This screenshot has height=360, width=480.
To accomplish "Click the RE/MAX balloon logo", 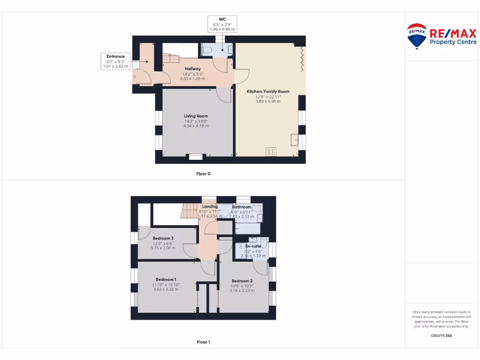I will point(416,36).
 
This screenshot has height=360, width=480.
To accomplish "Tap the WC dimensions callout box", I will point(222,24).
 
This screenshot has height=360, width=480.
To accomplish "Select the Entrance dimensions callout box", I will point(115,61).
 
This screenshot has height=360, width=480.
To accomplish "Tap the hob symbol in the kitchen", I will point(271,151).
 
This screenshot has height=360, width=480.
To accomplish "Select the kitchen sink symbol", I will point(294,140).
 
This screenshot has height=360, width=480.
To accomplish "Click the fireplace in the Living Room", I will point(195,157).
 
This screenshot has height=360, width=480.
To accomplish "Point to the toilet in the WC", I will point(208,50).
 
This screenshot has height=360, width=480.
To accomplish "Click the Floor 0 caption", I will point(203,174).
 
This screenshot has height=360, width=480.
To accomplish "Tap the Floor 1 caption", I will point(203,342).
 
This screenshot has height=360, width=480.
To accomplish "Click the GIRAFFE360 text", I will point(441,336).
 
